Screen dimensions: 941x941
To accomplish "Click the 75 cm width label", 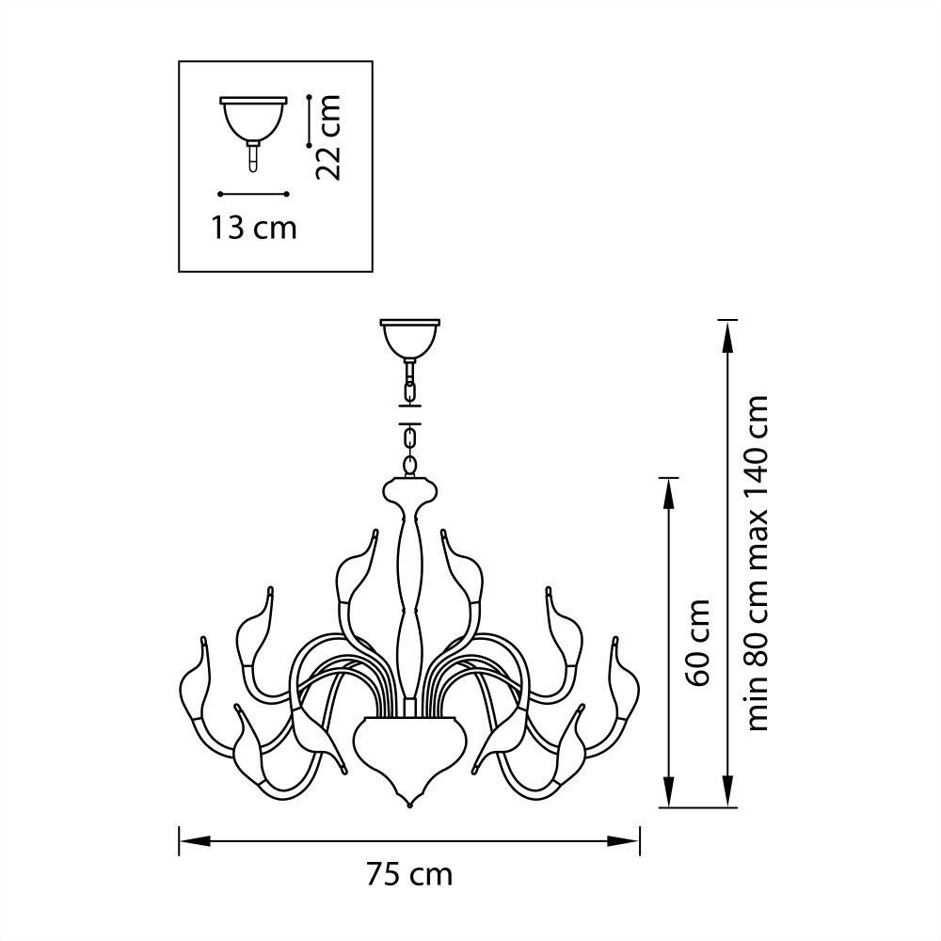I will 409,875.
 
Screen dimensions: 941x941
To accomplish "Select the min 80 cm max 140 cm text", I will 758,563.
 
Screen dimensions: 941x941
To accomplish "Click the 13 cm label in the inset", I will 253,227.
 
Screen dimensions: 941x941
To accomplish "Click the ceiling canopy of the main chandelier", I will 409,336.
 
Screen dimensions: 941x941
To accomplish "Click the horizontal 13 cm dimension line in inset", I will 252,194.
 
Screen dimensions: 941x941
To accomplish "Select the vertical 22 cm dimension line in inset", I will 309,120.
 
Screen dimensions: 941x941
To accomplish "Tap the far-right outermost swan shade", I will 626,682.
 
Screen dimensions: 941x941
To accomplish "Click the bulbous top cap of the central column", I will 409,490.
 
